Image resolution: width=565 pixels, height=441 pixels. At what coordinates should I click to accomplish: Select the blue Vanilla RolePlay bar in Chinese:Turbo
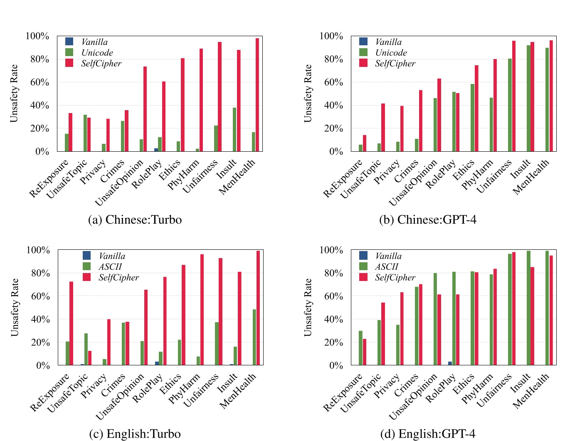(x=156, y=150)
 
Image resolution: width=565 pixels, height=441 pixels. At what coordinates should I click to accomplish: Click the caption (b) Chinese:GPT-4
(x=427, y=219)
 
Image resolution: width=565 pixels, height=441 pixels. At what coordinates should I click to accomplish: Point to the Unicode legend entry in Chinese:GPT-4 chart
(x=390, y=53)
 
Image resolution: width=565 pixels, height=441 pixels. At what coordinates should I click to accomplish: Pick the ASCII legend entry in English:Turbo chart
(x=110, y=267)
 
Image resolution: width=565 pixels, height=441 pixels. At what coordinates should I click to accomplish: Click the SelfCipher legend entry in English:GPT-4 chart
(x=395, y=278)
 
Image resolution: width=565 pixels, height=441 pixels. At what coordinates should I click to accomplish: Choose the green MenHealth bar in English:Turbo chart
(x=254, y=337)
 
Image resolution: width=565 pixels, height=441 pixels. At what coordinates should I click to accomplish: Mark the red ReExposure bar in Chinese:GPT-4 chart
(x=365, y=143)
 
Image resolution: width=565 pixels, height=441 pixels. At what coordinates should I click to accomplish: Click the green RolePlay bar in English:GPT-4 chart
(x=454, y=318)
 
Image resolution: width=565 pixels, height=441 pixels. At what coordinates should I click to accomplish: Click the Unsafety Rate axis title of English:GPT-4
(x=308, y=308)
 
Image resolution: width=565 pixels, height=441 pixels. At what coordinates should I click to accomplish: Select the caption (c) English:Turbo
(x=135, y=434)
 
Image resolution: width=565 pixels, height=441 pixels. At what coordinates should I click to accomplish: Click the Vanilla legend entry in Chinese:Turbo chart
(x=94, y=42)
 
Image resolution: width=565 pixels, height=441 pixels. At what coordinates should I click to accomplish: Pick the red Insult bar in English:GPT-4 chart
(x=532, y=316)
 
